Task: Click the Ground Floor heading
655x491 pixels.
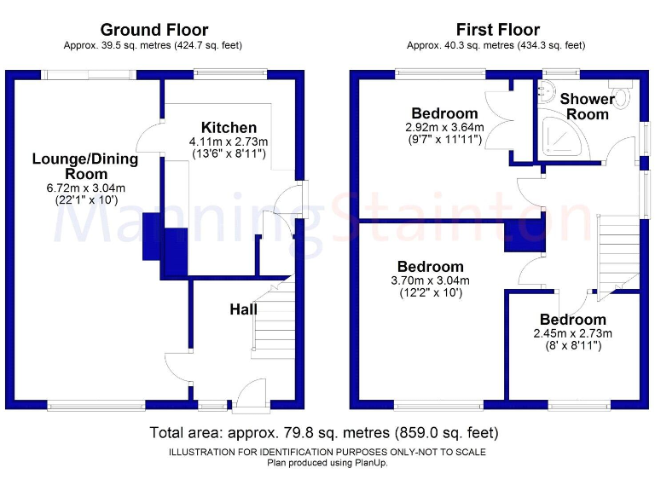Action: click(x=154, y=30)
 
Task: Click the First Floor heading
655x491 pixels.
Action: click(x=497, y=30)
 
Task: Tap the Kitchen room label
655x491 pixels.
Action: click(x=229, y=128)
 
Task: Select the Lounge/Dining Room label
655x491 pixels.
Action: click(x=85, y=166)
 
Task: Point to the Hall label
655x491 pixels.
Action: click(x=243, y=309)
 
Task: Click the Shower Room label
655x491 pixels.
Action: click(x=588, y=107)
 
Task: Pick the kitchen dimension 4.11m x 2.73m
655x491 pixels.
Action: click(x=229, y=142)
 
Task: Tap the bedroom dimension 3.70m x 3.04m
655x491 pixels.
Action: click(x=431, y=280)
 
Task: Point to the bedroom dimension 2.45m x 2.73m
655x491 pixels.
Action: click(x=573, y=333)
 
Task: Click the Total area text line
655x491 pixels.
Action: click(x=324, y=433)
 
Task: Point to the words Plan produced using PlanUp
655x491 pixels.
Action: click(x=327, y=463)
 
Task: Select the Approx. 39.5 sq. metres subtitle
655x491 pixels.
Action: click(x=154, y=45)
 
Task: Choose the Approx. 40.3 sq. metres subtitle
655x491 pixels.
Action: click(x=497, y=45)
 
